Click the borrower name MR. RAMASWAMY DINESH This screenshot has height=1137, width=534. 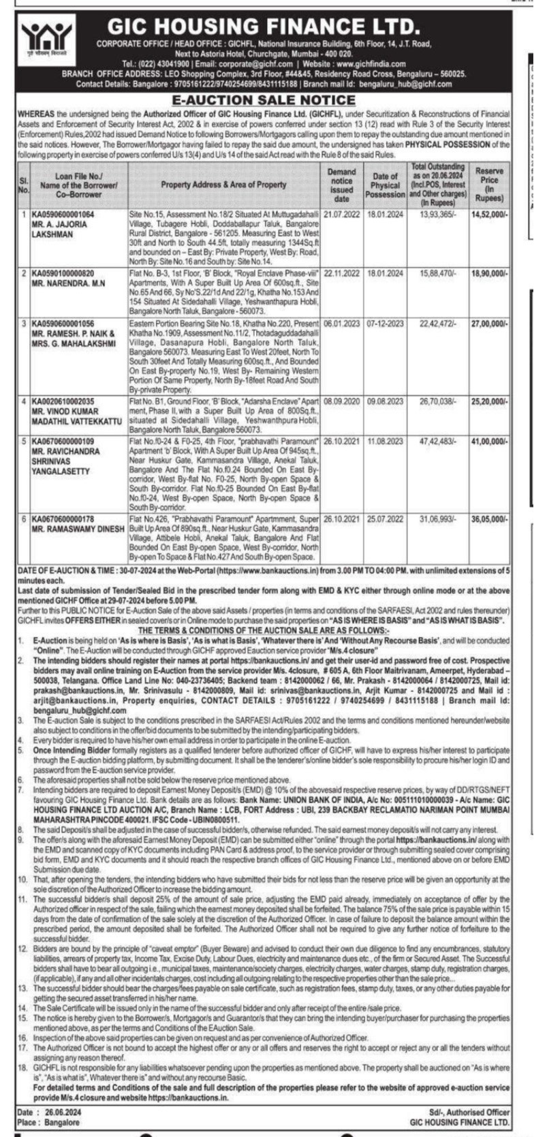pos(76,528)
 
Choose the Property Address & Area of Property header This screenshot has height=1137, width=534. pos(223,185)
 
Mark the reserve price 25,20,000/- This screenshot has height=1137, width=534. pos(489,403)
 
